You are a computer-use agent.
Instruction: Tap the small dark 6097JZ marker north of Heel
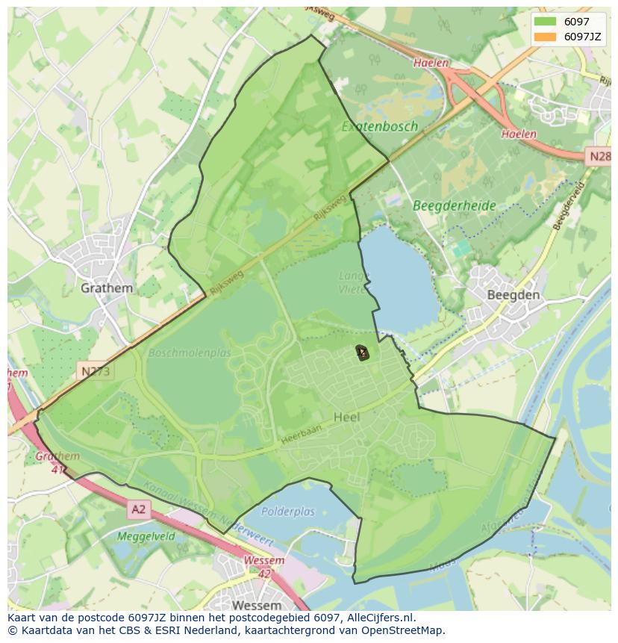point(362,352)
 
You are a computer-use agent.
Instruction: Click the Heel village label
point(347,417)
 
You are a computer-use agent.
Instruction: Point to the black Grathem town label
point(107,288)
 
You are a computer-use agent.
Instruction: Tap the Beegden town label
point(513,295)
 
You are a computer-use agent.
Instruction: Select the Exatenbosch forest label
point(380,126)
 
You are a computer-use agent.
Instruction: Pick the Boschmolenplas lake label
point(190,352)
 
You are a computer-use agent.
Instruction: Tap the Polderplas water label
point(288,512)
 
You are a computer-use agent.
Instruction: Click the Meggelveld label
point(146,535)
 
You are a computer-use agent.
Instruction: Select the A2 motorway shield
point(139,509)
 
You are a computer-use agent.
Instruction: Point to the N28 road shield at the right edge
point(599,156)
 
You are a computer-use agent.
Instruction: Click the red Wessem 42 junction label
point(263,566)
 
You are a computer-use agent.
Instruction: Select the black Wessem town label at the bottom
point(257,604)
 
